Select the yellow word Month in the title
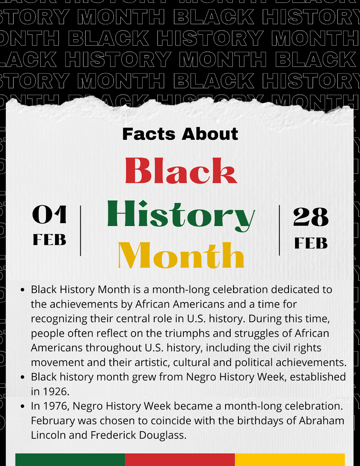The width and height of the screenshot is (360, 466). pos(181,256)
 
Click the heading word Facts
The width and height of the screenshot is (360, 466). pos(149,134)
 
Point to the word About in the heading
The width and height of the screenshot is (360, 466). pos(210,134)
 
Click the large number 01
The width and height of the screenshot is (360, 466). pos(50,215)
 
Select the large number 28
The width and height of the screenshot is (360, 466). pos(311,217)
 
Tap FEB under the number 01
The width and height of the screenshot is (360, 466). pos(50,240)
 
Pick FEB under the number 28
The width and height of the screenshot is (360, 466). pos(311,243)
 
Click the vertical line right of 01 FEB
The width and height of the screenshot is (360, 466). pos(80,230)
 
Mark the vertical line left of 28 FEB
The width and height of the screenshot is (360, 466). pos(279,230)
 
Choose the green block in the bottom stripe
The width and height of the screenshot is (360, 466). pos(70,460)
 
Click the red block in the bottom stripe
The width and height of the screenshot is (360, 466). pos(180,460)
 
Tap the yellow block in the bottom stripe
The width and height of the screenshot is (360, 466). pos(290,460)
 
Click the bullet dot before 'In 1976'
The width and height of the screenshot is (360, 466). pos(23,406)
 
